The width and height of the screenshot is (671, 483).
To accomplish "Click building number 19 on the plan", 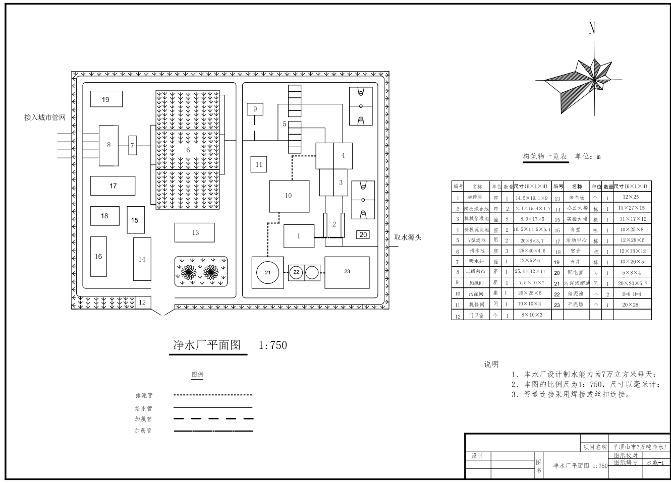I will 105,99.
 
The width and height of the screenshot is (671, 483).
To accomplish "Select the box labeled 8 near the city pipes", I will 108,145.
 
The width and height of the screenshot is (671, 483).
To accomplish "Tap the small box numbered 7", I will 133,145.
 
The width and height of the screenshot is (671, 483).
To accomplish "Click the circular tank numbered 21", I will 267,272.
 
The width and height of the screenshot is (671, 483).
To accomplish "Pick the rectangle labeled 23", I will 347,272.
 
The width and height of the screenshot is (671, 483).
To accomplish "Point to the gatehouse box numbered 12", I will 142,303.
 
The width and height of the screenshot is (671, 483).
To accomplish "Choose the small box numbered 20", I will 363,234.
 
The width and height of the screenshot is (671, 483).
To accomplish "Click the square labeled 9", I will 255,109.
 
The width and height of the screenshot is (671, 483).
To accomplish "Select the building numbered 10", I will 288,196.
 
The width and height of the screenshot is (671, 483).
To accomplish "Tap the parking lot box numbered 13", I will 195,232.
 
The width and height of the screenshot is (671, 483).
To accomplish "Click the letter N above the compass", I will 592,28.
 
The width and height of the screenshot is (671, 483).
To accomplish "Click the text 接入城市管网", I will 45,117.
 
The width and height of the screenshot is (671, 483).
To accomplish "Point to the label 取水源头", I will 408,237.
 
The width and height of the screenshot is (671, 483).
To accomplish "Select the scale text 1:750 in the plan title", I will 272,345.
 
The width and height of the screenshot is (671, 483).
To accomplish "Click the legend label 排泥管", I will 143,396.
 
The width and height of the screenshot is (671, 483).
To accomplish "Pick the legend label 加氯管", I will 143,419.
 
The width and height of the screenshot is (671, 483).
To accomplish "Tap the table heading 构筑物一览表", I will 544,156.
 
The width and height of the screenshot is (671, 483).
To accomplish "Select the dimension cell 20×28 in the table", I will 630,305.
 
